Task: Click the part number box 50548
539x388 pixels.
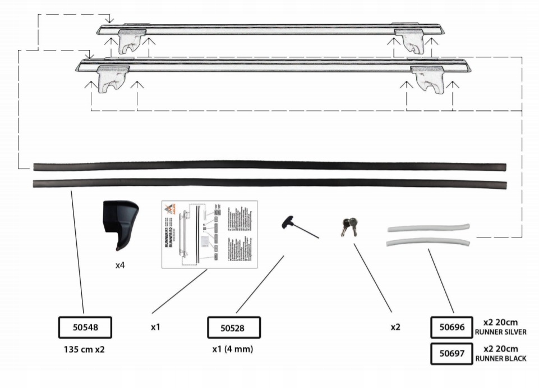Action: point(85,327)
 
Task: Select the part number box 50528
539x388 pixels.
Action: point(234,327)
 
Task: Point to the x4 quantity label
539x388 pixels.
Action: point(119,264)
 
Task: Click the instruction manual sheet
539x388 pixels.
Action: point(209,234)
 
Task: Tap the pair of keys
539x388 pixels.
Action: point(347,226)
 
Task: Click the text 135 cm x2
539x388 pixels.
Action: point(85,349)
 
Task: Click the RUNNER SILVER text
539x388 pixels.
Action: point(500,332)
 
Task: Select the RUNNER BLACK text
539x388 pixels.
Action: point(500,359)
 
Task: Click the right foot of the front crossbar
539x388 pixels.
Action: point(429,79)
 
